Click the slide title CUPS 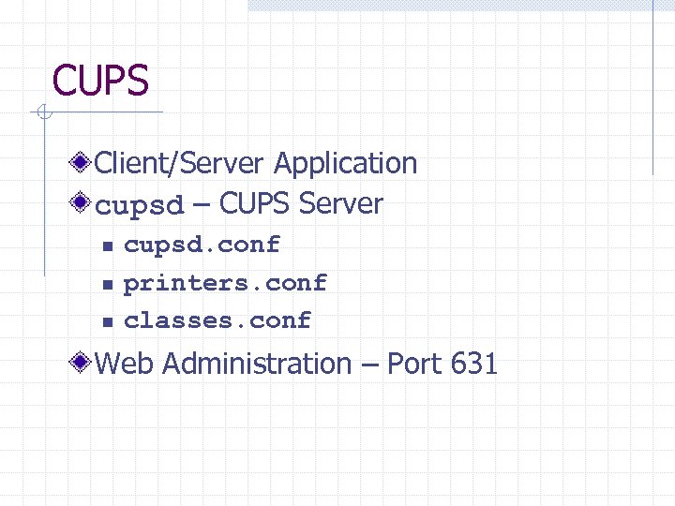coord(100,81)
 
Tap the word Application coord(345,163)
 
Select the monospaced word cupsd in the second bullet coord(141,205)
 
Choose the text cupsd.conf coord(202,245)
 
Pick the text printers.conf coord(226,282)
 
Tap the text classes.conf coord(217,320)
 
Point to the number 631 coord(473,364)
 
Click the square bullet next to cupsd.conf coord(107,246)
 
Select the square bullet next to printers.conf coord(107,284)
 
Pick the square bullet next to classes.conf coord(107,321)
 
